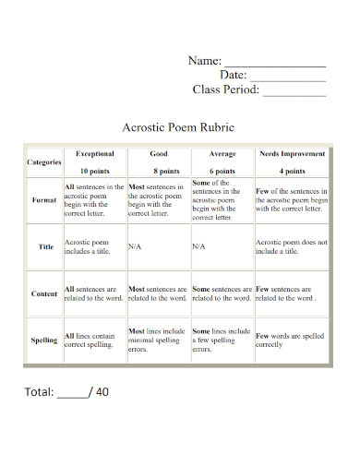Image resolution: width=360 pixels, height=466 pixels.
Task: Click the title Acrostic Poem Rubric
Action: tap(179, 127)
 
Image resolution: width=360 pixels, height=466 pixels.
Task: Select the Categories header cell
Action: tap(43, 162)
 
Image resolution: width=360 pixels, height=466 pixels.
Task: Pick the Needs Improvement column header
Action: tap(291, 154)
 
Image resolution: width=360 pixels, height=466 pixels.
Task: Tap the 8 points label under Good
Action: tap(158, 172)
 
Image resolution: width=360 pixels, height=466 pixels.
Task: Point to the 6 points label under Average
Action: tap(222, 172)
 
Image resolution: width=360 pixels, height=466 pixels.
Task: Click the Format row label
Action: tap(44, 200)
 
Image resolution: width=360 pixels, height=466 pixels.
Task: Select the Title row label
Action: tap(45, 247)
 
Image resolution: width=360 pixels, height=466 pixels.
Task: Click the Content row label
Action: tap(44, 293)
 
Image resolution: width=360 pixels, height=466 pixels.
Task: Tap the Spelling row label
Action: tap(44, 341)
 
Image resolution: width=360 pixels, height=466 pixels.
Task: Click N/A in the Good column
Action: tap(135, 247)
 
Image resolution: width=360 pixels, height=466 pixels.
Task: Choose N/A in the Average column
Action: tap(198, 247)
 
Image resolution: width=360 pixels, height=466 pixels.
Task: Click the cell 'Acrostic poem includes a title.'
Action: tap(93, 246)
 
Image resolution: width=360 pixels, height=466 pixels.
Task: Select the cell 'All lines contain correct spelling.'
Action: tap(93, 341)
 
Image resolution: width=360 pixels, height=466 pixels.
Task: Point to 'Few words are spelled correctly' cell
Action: tap(291, 341)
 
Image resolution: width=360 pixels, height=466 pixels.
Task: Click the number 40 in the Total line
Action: tap(101, 391)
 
